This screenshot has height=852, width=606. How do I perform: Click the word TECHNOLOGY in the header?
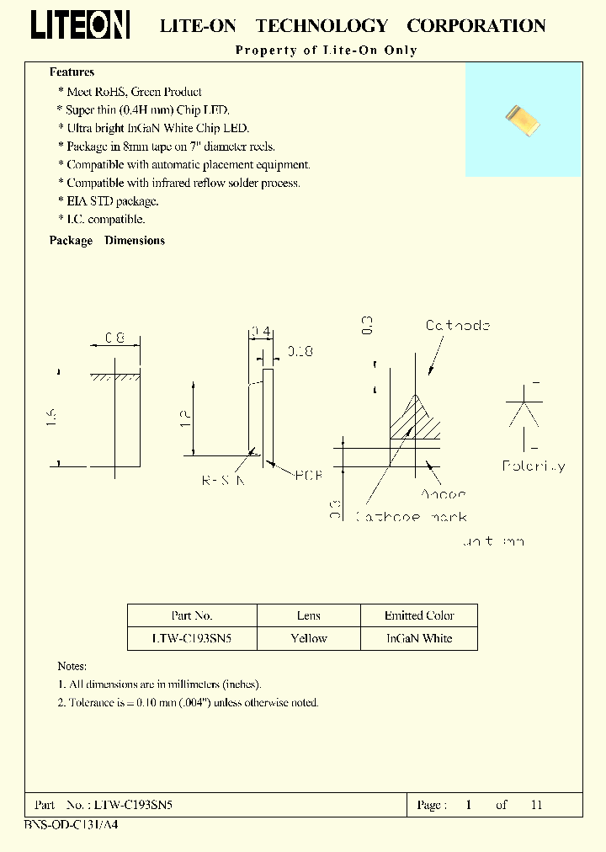(x=322, y=26)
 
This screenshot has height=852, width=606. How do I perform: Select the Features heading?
(x=72, y=72)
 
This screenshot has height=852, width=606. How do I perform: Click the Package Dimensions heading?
(x=107, y=241)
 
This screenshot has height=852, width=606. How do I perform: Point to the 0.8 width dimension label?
(x=114, y=338)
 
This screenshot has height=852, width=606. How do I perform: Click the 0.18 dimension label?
(x=300, y=351)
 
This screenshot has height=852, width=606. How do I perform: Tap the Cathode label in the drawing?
(x=457, y=325)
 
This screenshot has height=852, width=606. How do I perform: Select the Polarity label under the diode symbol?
(x=534, y=466)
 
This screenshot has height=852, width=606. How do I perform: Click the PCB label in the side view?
(x=308, y=476)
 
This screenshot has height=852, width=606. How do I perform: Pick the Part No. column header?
(x=192, y=615)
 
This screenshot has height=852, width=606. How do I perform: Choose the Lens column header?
(x=309, y=615)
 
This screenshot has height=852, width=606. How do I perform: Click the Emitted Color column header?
(x=419, y=615)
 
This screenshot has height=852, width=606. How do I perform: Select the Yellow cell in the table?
(x=309, y=638)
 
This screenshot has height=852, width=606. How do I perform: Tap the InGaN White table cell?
(x=419, y=638)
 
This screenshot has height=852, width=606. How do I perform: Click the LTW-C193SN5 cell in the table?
(x=192, y=638)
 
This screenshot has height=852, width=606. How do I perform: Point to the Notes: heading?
(x=73, y=666)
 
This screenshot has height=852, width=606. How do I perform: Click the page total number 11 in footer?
(x=536, y=805)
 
